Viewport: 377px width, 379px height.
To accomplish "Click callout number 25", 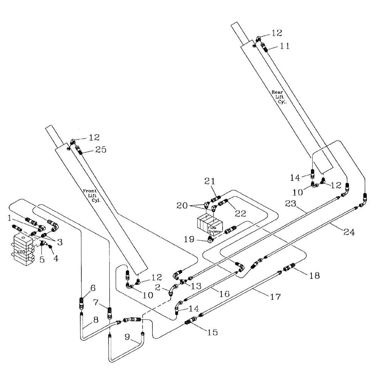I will point(101,150).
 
